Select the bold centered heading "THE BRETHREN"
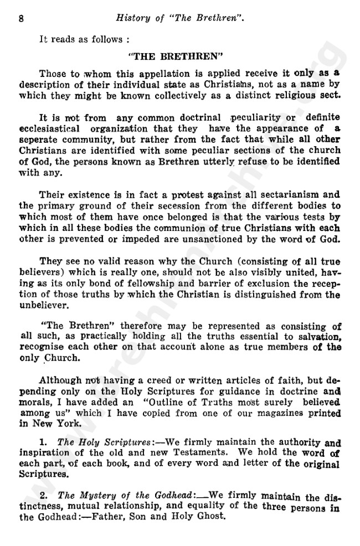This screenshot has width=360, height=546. (x=183, y=56)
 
